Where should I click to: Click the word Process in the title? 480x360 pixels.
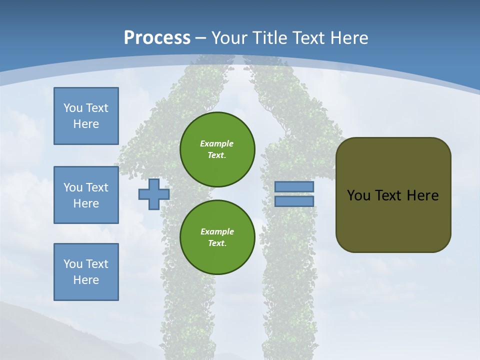[x=157, y=38]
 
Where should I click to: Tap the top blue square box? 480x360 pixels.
[x=86, y=116]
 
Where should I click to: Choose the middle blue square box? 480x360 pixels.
[x=86, y=195]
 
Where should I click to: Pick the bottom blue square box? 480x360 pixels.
[x=86, y=272]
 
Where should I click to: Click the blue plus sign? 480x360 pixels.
[x=153, y=194]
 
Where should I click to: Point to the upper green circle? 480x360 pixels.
[x=217, y=149]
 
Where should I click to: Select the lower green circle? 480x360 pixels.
[x=217, y=237]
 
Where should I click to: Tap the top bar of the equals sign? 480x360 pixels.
[x=294, y=187]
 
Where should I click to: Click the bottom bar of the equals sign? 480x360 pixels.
[x=294, y=201]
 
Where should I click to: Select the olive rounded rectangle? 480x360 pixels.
[x=393, y=195]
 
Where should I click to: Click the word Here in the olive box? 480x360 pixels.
[x=422, y=195]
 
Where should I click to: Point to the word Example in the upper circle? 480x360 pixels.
[x=216, y=143]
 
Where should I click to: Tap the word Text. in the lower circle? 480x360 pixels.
[x=217, y=243]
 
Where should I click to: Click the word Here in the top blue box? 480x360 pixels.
[x=86, y=124]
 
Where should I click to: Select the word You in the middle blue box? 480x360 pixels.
[x=73, y=187]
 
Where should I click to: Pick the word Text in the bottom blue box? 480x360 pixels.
[x=97, y=264]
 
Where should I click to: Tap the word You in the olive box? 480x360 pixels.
[x=358, y=195]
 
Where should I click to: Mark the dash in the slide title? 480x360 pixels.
[x=200, y=38]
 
